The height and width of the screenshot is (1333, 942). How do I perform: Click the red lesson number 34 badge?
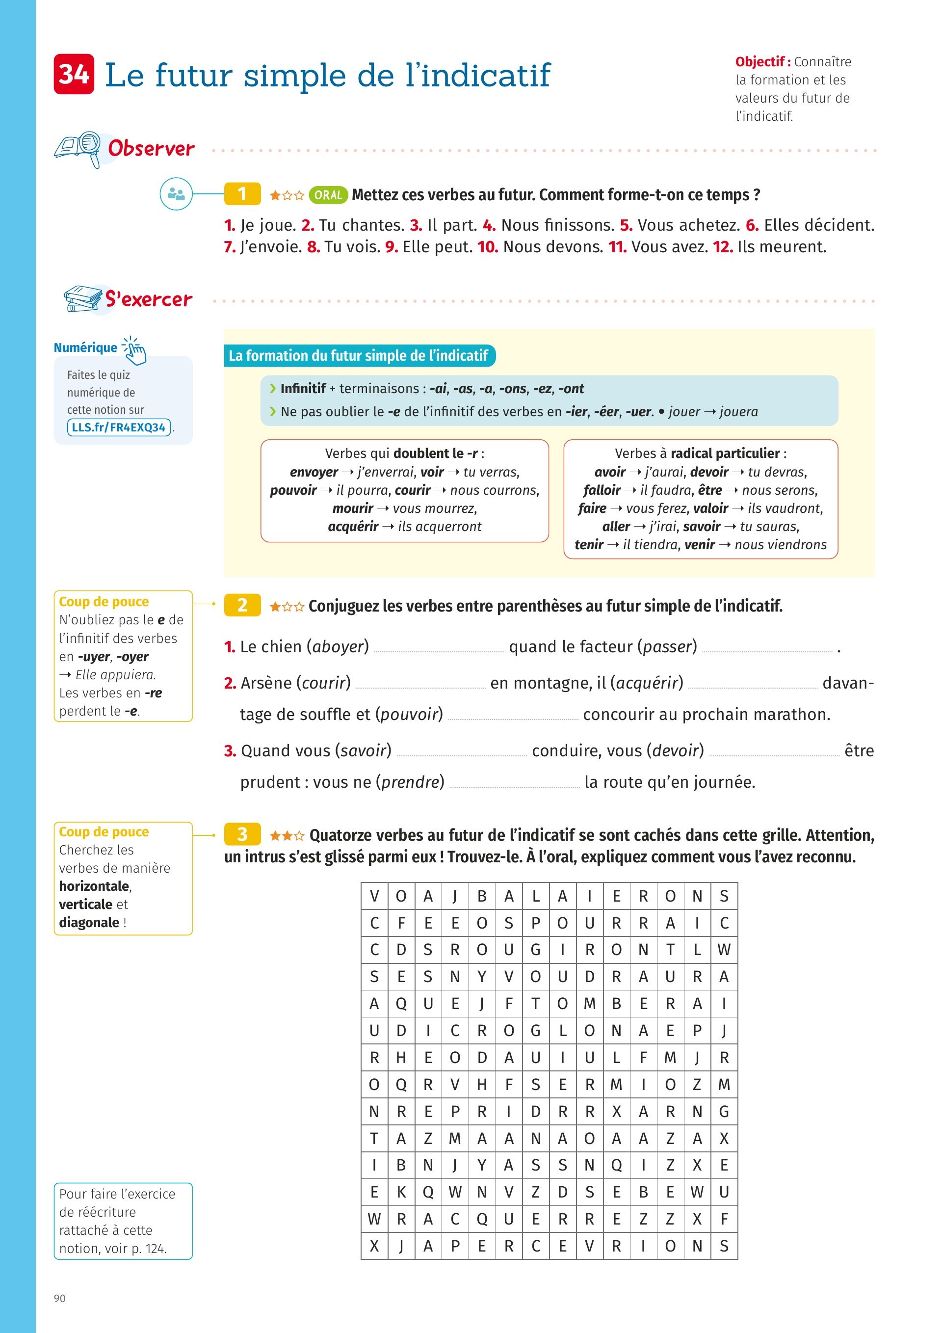click(x=74, y=74)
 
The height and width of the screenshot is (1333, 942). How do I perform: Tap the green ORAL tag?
click(x=328, y=195)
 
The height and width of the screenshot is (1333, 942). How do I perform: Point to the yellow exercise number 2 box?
click(x=242, y=605)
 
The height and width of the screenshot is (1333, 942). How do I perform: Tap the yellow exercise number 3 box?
click(x=242, y=834)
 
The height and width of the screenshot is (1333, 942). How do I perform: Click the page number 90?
click(x=60, y=1298)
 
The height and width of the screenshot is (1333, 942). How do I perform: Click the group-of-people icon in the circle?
click(x=176, y=194)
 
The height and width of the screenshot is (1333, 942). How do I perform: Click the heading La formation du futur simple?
click(x=359, y=355)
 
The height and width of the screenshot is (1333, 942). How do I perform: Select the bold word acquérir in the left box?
click(x=353, y=527)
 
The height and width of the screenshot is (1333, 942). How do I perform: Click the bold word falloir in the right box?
click(x=602, y=490)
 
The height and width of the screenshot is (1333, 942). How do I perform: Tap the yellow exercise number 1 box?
click(x=242, y=194)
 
